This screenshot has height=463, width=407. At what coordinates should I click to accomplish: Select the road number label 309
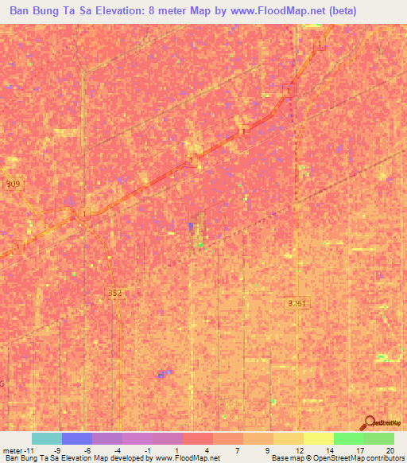(13, 184)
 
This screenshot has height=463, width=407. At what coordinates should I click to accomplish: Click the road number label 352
(114, 293)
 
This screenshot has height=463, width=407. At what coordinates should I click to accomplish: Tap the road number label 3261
(297, 303)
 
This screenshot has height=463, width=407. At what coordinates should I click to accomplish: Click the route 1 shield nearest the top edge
(320, 44)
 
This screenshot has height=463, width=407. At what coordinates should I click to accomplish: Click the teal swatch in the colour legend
(46, 438)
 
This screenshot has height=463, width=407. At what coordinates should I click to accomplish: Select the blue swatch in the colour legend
(76, 438)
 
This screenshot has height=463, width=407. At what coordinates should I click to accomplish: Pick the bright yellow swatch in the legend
(318, 438)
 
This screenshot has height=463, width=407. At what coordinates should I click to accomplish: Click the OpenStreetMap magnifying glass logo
(367, 424)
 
